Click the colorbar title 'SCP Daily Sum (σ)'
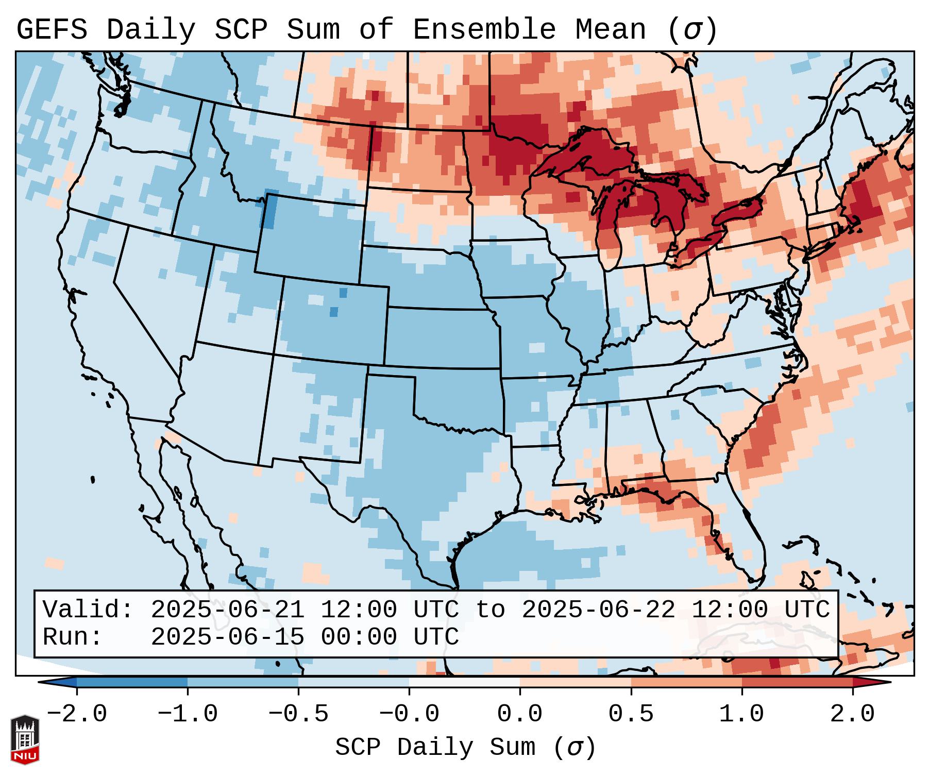(465, 748)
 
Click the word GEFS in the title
(52, 30)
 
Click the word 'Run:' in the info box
(72, 637)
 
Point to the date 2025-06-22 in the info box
(598, 610)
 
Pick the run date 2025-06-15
(227, 637)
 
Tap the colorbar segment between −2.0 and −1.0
(132, 682)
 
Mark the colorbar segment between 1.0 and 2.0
(797, 682)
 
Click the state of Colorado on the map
(332, 319)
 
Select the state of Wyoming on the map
(309, 237)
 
